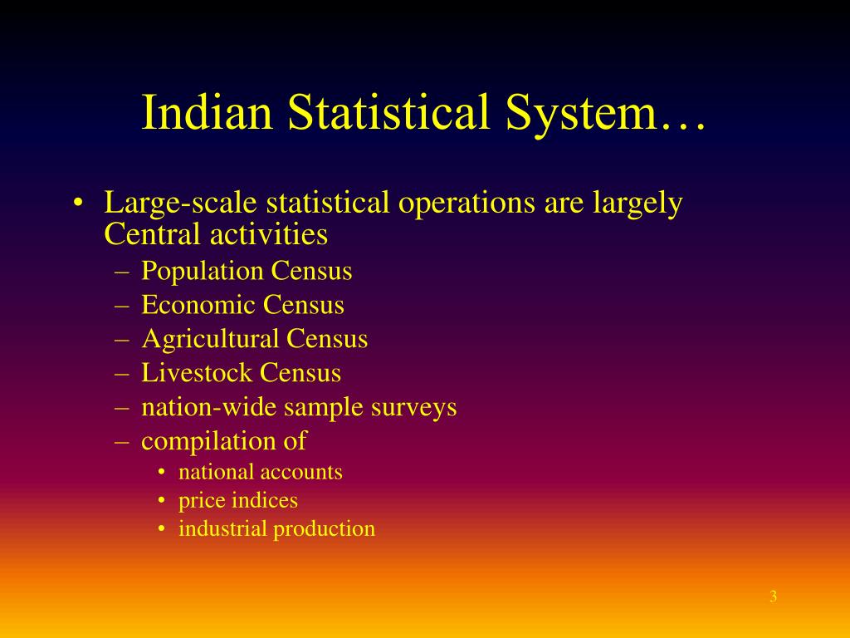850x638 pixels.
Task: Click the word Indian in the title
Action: (x=208, y=112)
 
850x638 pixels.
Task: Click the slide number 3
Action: (x=773, y=596)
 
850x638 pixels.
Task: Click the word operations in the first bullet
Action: (x=467, y=204)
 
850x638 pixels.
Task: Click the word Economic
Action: (x=198, y=305)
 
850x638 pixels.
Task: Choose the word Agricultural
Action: (x=210, y=339)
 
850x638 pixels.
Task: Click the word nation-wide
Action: (x=208, y=407)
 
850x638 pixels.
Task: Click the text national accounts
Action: (x=261, y=472)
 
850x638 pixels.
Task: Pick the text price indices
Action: (x=238, y=500)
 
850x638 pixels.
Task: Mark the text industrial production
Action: (x=276, y=528)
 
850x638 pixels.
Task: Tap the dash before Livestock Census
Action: (x=122, y=373)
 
